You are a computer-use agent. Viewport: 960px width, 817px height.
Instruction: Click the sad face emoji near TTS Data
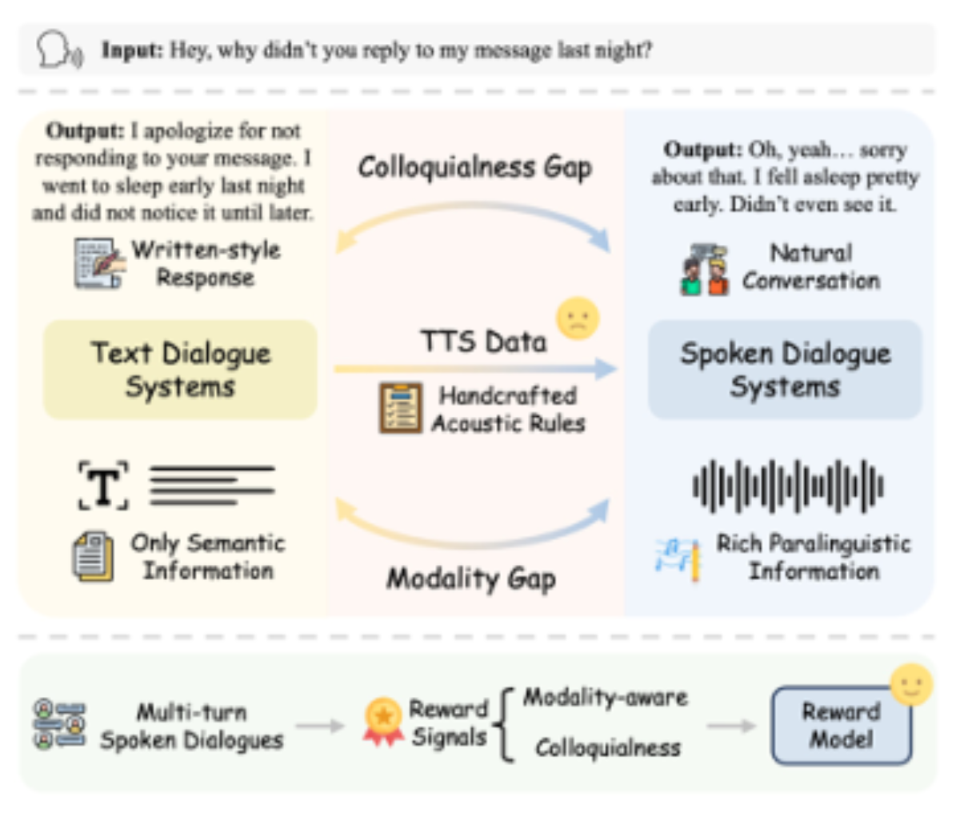578,319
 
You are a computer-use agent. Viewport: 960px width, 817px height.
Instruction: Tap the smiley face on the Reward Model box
911,685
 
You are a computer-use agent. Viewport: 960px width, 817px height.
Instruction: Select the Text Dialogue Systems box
180,370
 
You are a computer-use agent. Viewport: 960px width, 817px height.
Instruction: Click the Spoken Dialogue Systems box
786,370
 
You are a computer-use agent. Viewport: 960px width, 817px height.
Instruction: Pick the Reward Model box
842,726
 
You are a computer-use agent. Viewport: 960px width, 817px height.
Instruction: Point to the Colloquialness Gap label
475,168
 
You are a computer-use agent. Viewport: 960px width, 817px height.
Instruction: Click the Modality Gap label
471,579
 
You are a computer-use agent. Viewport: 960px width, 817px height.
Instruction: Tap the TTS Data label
483,342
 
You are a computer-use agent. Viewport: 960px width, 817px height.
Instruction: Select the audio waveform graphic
788,487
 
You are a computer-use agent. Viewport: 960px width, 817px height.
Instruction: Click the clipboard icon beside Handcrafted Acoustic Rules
401,408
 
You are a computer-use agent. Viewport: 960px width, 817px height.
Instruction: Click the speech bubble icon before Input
60,50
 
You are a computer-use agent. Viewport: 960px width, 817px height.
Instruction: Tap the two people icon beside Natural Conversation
705,270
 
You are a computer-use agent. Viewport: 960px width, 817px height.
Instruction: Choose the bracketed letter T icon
103,486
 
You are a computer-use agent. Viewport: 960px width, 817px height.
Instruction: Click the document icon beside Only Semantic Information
94,556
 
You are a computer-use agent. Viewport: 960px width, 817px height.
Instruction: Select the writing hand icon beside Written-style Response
99,263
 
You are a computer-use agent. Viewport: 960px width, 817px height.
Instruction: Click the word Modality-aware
606,698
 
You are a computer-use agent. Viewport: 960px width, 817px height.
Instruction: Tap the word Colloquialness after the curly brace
608,748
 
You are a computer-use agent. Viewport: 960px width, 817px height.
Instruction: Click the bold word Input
132,50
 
